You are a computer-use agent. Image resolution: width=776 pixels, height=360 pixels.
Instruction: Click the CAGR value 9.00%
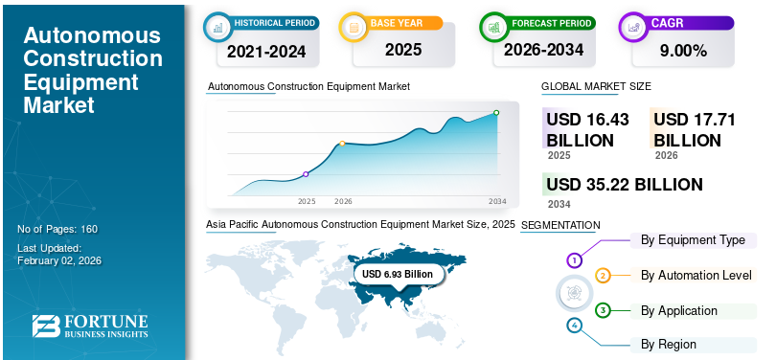[x=683, y=50]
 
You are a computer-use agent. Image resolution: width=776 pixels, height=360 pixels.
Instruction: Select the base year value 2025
[x=403, y=50]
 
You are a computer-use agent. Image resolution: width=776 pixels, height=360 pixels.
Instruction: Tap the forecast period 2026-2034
[x=543, y=50]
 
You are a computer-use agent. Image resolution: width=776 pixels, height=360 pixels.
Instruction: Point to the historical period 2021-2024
[x=266, y=52]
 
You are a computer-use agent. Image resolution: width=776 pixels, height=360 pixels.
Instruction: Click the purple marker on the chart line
[x=306, y=174]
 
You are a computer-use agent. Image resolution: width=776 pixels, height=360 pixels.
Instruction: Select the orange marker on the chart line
[x=342, y=144]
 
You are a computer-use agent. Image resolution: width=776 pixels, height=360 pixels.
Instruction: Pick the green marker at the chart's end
[x=496, y=113]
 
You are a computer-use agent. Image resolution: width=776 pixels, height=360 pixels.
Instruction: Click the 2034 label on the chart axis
[x=497, y=201]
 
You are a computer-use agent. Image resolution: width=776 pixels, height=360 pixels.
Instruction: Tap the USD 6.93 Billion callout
[x=398, y=274]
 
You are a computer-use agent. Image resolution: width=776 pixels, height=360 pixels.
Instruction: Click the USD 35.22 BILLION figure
[x=625, y=185]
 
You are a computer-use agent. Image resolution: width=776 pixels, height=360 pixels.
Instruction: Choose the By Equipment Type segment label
[x=693, y=240]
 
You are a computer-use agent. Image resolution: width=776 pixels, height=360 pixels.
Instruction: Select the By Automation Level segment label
[x=696, y=276]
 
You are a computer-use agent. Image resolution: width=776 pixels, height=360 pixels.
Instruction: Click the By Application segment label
[x=679, y=311]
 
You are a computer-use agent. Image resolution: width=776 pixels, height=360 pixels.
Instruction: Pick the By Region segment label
[x=669, y=344]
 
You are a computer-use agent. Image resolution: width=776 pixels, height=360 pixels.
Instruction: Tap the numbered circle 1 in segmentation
[x=574, y=260]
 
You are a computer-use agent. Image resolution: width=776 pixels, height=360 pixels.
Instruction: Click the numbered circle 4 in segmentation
[x=574, y=326]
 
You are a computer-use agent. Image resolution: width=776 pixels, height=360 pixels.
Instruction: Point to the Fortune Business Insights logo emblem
[x=46, y=326]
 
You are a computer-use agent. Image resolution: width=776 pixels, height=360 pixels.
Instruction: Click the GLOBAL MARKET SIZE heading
[x=596, y=86]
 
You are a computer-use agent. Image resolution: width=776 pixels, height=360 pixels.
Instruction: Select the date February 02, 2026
[x=60, y=260]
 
